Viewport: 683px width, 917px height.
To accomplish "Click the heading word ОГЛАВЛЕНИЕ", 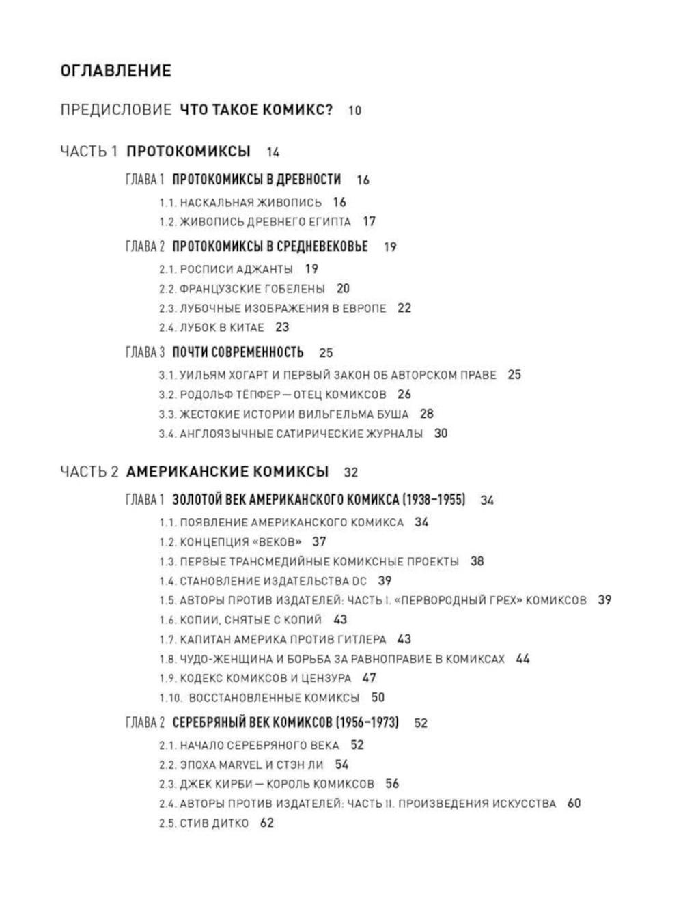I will tap(115, 70).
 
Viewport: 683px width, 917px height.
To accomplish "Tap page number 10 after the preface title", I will tap(354, 110).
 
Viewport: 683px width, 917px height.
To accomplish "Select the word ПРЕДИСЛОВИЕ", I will tap(115, 110).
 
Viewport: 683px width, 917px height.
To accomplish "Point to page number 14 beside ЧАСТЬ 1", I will tap(273, 152).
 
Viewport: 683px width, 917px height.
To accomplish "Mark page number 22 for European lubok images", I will tap(404, 308).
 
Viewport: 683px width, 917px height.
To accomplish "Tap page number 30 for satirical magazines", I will tap(441, 434).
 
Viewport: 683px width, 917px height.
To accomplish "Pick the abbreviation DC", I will tap(359, 581).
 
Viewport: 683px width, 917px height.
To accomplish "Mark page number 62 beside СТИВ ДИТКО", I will tap(266, 823).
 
